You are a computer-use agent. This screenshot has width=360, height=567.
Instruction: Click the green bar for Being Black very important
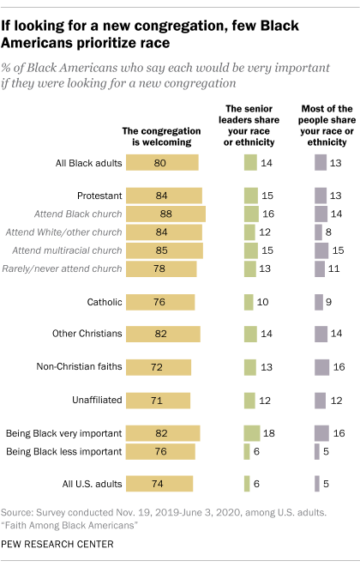pos(252,433)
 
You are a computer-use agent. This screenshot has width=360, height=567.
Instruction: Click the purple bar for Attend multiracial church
pos(322,250)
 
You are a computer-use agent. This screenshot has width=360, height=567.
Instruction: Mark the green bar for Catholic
pos(249,301)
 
